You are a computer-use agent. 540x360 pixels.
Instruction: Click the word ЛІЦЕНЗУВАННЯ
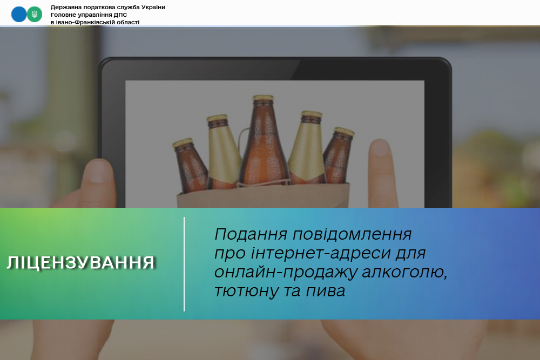[x=81, y=263]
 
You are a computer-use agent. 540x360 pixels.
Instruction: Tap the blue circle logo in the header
[x=19, y=14]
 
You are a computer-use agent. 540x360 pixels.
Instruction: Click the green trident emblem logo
[x=35, y=14]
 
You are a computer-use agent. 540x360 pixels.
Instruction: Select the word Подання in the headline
[x=251, y=235]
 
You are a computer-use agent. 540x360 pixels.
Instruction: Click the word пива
[x=327, y=291]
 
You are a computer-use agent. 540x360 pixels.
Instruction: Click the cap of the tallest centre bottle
[x=263, y=98]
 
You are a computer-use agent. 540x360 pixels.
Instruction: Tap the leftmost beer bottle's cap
[x=183, y=142]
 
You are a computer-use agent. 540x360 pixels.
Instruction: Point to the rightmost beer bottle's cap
[x=344, y=131]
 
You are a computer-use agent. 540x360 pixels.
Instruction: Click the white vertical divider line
[x=184, y=264]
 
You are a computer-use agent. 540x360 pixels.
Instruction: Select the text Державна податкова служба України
[x=108, y=7]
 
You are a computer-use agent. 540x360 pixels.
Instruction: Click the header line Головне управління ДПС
[x=89, y=15]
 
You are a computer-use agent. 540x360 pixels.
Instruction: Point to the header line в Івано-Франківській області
[x=95, y=22]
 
